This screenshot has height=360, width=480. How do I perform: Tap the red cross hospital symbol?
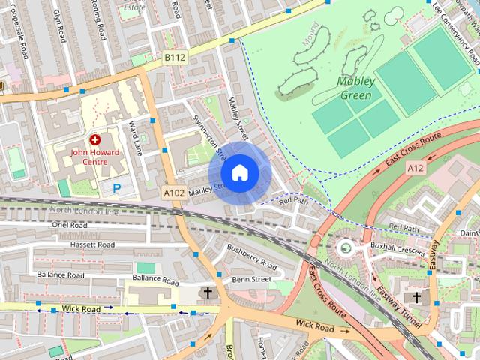pyautogui.click(x=95, y=139)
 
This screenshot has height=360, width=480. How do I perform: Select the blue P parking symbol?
pyautogui.click(x=116, y=188)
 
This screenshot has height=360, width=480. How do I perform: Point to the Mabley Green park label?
pyautogui.click(x=355, y=88)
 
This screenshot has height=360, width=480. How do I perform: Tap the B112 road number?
pyautogui.click(x=175, y=57)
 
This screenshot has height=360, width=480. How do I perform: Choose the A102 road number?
pyautogui.click(x=174, y=193)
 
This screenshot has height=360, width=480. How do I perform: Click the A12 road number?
pyautogui.click(x=416, y=169)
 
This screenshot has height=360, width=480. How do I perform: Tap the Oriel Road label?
pyautogui.click(x=70, y=225)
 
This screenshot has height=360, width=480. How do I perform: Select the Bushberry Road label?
pyautogui.click(x=252, y=256)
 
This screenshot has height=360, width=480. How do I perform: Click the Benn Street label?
pyautogui.click(x=251, y=279)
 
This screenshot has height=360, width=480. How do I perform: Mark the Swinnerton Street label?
pyautogui.click(x=209, y=138)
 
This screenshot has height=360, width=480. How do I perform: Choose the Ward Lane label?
pyautogui.click(x=135, y=137)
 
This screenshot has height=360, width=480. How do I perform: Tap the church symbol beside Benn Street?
pyautogui.click(x=207, y=292)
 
